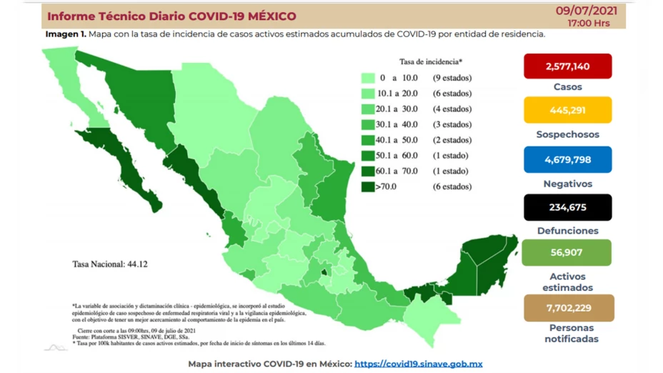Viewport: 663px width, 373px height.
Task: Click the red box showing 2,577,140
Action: coord(567,66)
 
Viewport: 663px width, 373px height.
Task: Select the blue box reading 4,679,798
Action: coord(567,159)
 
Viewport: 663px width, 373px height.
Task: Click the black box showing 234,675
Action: coord(567,207)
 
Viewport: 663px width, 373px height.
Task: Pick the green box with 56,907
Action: coord(567,253)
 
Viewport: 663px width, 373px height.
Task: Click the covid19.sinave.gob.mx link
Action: coord(418,364)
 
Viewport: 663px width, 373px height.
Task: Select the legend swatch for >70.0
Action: coord(369,186)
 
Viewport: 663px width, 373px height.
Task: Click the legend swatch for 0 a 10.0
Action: coord(369,78)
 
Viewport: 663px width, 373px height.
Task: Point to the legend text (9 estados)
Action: coord(452,78)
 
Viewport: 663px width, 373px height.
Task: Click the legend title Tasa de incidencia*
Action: coord(431,61)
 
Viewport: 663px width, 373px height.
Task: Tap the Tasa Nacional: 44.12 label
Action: coord(109,264)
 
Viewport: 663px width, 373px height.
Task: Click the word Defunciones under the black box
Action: coord(567,231)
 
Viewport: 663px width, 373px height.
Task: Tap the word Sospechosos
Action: coord(567,134)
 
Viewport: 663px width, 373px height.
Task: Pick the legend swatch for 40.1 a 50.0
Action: coord(369,140)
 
